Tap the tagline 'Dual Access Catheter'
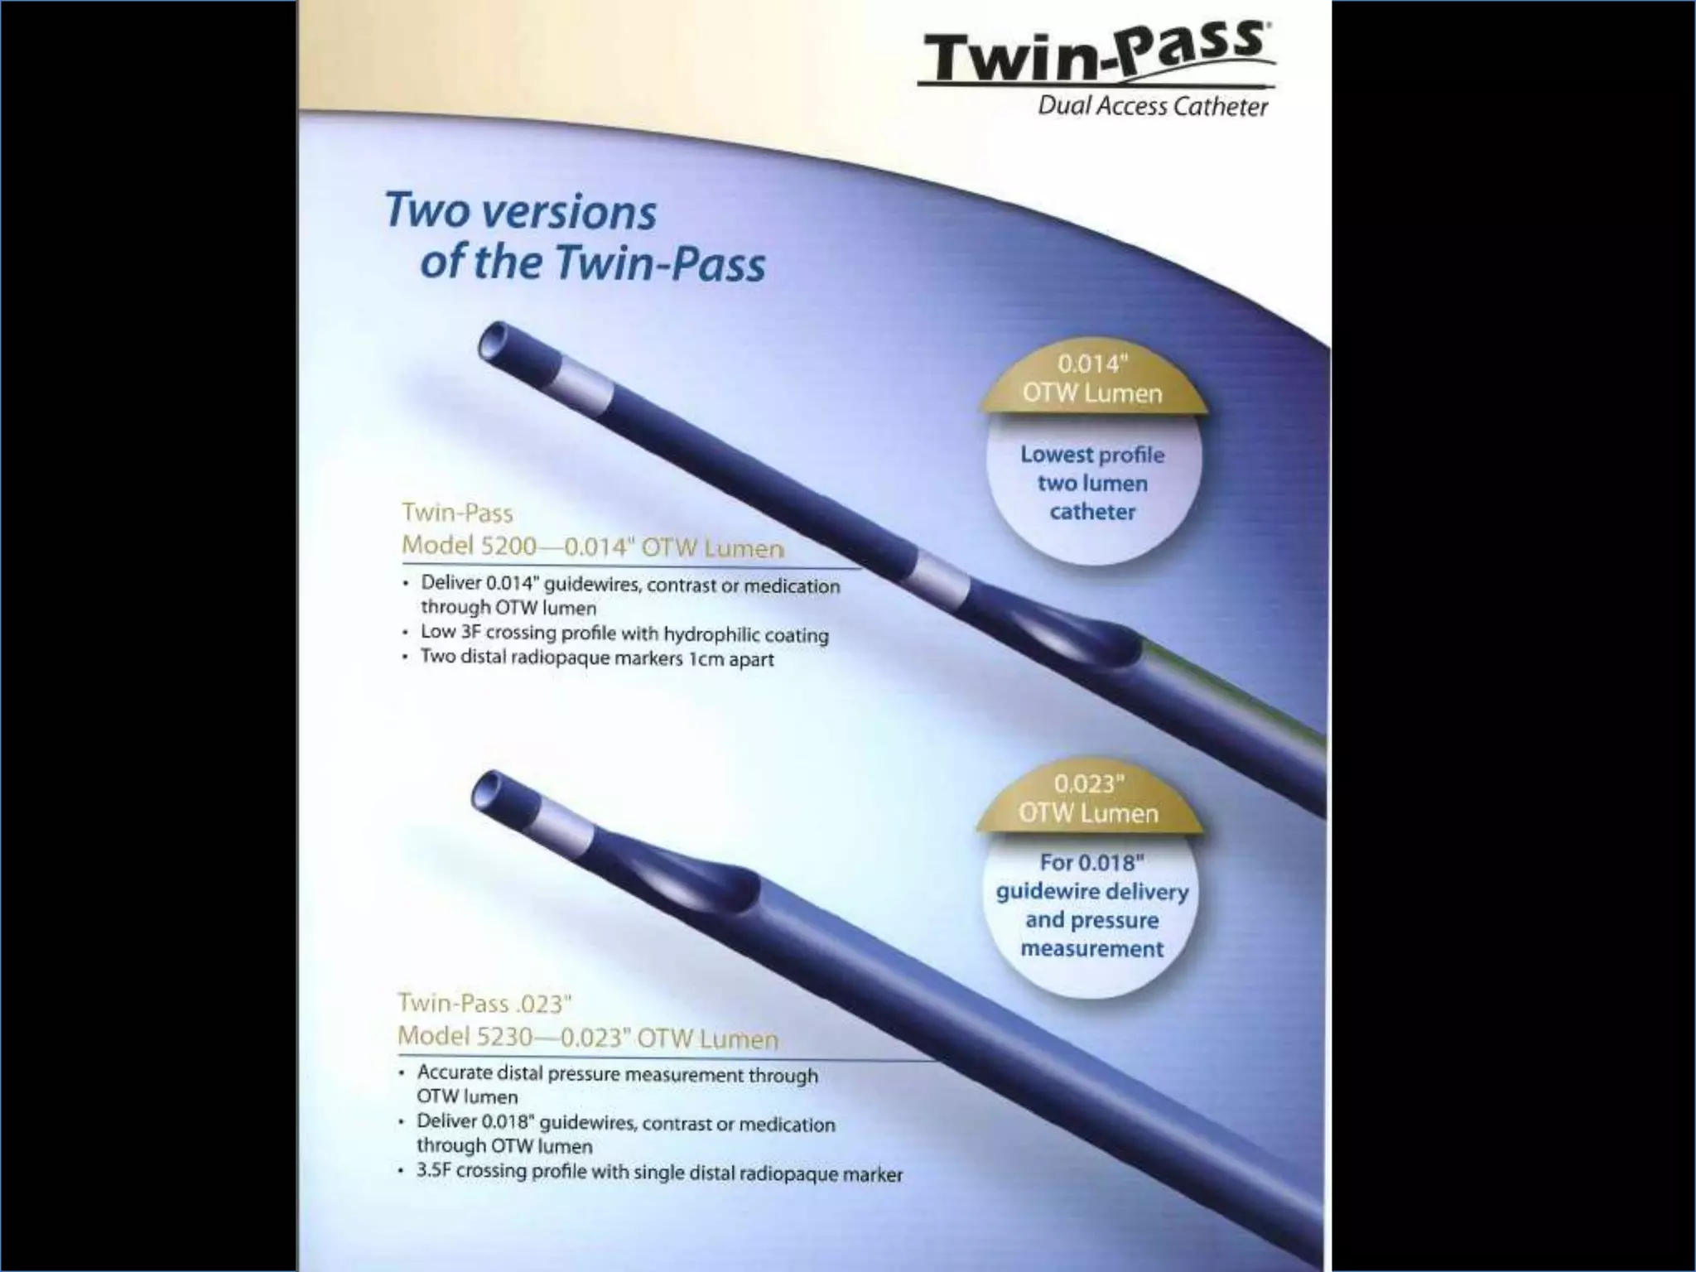click(x=1152, y=107)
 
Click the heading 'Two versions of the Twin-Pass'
click(x=575, y=237)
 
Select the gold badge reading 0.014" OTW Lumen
click(x=1092, y=379)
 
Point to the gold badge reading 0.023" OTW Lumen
click(x=1088, y=799)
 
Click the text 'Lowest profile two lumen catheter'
click(x=1092, y=483)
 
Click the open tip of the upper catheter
click(x=496, y=340)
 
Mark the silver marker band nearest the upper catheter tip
click(x=580, y=386)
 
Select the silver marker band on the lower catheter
click(x=566, y=825)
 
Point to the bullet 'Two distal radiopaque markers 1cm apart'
click(x=596, y=658)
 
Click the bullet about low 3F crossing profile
click(x=624, y=634)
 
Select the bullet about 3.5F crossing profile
click(x=658, y=1172)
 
